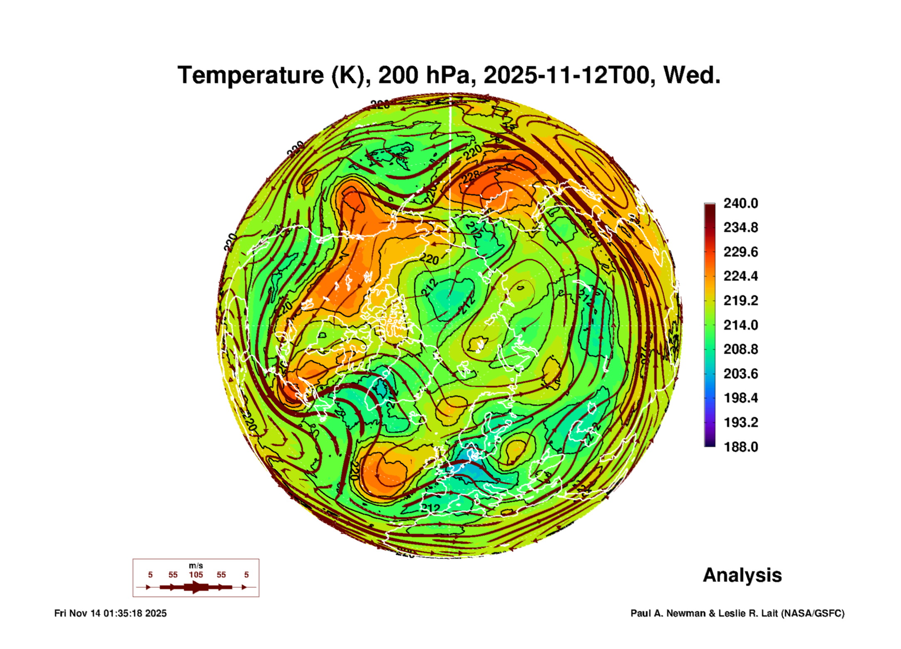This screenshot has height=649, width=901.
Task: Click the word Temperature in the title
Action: point(250,75)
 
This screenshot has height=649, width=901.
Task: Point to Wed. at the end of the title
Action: point(692,75)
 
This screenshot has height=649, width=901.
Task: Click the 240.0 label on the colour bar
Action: point(740,203)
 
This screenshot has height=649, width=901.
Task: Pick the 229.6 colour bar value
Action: point(740,252)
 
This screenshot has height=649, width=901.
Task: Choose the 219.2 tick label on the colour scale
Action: point(740,301)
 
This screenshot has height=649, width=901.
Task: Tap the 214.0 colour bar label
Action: point(740,325)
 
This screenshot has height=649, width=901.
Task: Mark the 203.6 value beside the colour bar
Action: point(740,373)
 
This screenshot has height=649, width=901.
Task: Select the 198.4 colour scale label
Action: point(740,398)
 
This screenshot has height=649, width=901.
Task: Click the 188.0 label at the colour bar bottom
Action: point(740,447)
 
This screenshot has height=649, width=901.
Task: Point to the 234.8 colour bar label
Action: point(740,227)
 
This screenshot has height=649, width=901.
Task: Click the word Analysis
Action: point(742,575)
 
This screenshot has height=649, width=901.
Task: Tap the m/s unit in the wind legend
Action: point(196,565)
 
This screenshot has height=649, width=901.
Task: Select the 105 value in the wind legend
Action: point(196,575)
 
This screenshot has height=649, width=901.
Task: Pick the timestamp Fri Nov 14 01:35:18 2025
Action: point(110,613)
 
